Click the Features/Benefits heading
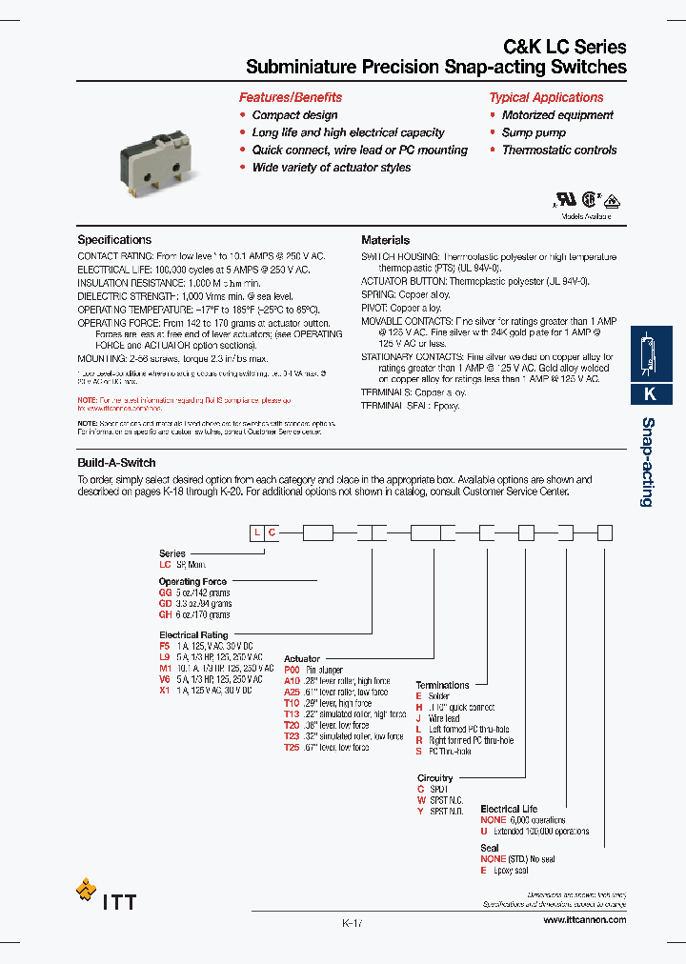coord(290,97)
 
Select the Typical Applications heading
coord(546,97)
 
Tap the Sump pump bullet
coord(534,132)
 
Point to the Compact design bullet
coord(289,115)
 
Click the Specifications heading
coord(114,240)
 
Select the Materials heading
coord(385,240)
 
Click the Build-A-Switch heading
coord(116,463)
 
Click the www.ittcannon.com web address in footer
coord(584,919)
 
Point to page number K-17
coord(352,923)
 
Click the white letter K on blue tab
coord(651,393)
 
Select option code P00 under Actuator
coord(292,670)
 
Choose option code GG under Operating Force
coord(166,592)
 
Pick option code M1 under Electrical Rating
coord(165,668)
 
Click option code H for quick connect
coord(419,707)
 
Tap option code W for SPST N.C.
coord(421,800)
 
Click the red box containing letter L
coord(256,533)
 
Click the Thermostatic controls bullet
coord(559,151)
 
